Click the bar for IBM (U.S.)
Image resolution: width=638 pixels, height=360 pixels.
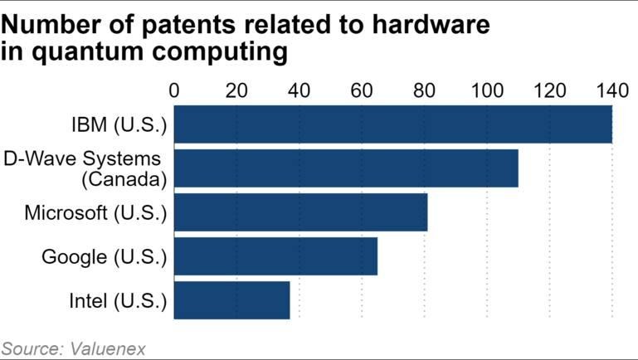pos(393,124)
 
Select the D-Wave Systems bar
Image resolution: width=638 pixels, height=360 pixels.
pos(346,168)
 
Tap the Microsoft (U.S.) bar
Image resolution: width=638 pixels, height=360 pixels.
pos(300,212)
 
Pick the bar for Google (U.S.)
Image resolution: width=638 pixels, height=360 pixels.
pos(275,256)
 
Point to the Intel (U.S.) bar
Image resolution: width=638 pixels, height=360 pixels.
pos(232,300)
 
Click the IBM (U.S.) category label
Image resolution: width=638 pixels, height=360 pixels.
pos(119,125)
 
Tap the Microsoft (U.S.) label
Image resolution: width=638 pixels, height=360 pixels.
pos(95,213)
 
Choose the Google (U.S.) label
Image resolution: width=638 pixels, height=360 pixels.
pos(105,257)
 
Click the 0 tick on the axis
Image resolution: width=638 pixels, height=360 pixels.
pos(174,90)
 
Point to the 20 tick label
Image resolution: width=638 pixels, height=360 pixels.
pos(236,90)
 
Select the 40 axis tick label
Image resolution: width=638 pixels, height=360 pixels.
pos(300,90)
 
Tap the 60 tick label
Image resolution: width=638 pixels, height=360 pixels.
pos(362,90)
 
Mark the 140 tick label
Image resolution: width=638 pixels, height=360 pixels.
pos(612,90)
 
